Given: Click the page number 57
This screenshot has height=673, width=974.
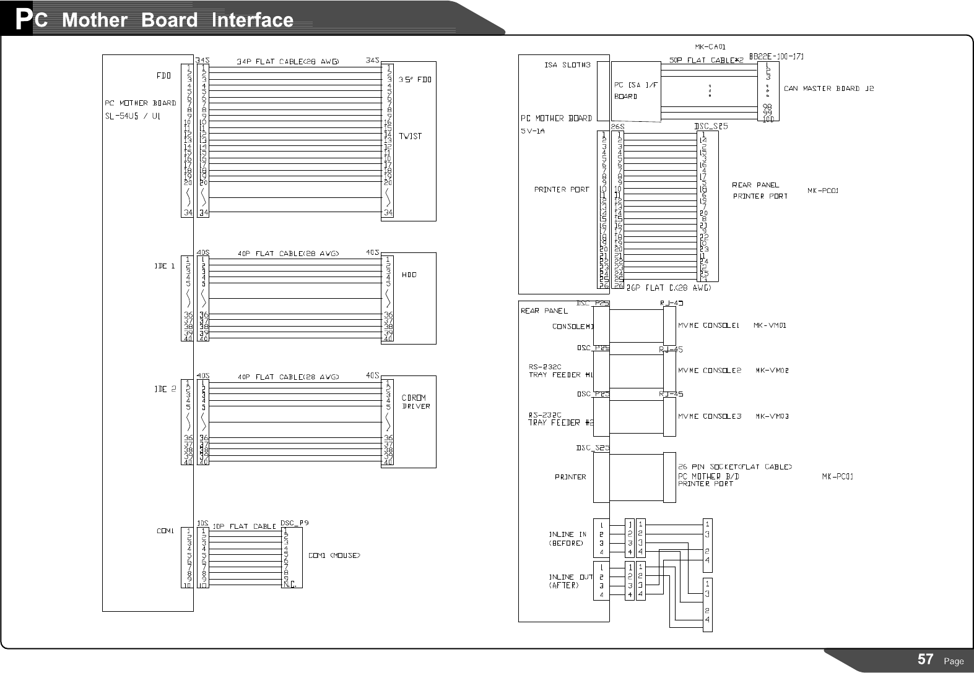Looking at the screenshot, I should (x=925, y=659).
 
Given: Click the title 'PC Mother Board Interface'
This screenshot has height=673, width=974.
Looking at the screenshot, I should (x=155, y=20).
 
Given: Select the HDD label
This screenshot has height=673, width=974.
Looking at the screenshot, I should (x=409, y=275).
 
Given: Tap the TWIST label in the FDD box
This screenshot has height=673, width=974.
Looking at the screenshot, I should (x=410, y=136).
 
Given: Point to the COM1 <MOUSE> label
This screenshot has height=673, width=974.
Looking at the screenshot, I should (x=334, y=555).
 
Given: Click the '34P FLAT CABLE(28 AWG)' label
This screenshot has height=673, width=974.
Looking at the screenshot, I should (x=287, y=61).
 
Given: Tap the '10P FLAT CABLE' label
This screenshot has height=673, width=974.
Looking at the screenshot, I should (x=244, y=526).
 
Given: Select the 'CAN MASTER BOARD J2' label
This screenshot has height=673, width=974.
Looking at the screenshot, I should (x=828, y=88).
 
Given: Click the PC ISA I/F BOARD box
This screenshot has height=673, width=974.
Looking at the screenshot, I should (x=635, y=90).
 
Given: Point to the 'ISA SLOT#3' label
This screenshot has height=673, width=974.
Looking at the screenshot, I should (x=567, y=64).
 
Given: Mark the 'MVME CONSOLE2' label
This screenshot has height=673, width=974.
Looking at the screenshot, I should (x=710, y=371).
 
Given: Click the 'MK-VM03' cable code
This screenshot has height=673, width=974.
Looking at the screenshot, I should (x=772, y=416).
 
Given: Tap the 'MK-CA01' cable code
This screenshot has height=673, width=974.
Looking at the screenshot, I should (x=710, y=46).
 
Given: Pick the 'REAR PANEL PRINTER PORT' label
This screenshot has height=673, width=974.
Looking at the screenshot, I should (x=760, y=191).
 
